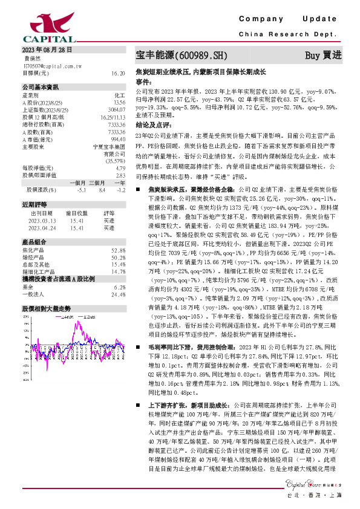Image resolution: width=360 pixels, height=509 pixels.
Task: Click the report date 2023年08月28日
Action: coord(48,50)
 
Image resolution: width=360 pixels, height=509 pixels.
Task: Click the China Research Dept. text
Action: coord(292,35)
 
